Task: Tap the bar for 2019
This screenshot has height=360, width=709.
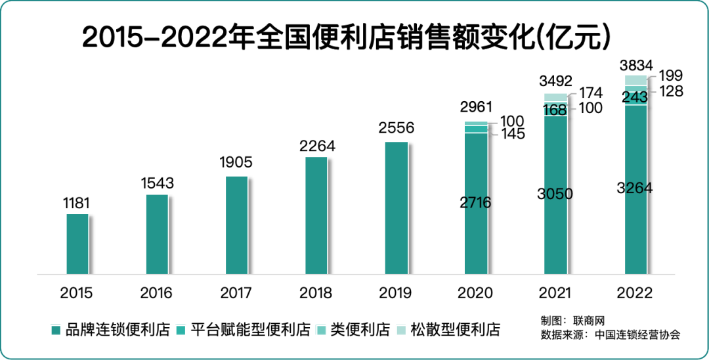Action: [396, 208]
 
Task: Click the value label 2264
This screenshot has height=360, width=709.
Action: [316, 146]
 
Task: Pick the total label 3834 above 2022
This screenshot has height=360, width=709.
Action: [635, 65]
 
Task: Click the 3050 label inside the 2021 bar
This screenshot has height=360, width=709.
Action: [555, 194]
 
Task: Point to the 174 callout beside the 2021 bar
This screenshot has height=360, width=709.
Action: [590, 93]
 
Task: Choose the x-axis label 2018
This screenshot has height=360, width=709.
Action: [316, 293]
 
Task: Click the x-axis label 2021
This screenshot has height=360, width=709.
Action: [555, 293]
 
